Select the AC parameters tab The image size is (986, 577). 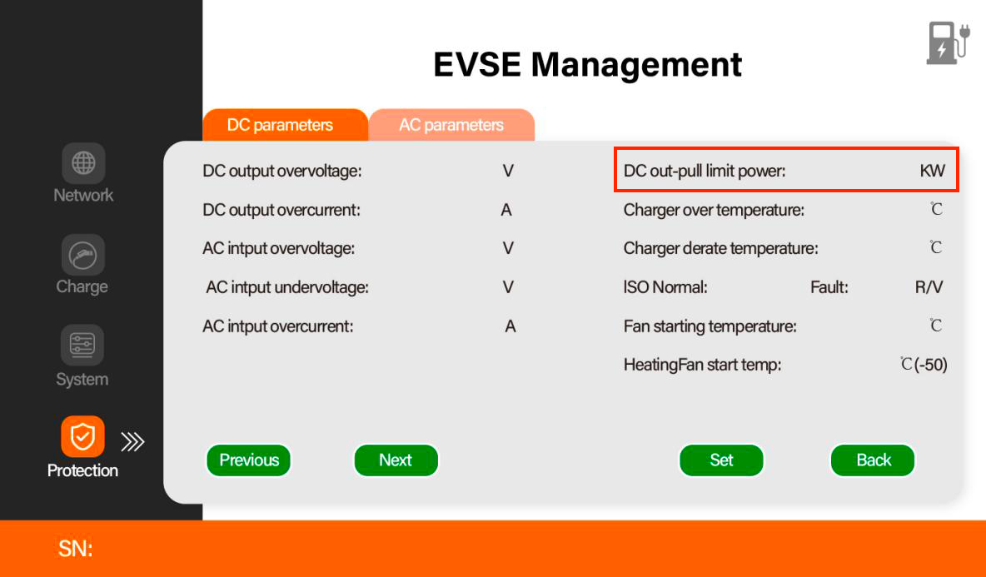click(x=451, y=125)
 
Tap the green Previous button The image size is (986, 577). click(x=249, y=460)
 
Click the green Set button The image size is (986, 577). click(x=721, y=460)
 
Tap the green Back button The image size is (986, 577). click(x=873, y=460)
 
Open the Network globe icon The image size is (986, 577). click(x=83, y=163)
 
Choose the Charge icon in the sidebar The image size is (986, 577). click(x=82, y=255)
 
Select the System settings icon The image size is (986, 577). click(x=82, y=345)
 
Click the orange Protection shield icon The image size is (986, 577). click(x=82, y=436)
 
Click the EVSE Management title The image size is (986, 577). click(x=587, y=65)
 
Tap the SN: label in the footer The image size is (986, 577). click(x=76, y=549)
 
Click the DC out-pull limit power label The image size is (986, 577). click(x=705, y=171)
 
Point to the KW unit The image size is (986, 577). click(x=932, y=171)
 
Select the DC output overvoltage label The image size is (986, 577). click(x=281, y=171)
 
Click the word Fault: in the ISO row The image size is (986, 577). click(x=829, y=287)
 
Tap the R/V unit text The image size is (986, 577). click(x=929, y=287)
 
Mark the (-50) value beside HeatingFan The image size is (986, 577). click(x=931, y=365)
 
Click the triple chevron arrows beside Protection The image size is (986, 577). click(x=132, y=442)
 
